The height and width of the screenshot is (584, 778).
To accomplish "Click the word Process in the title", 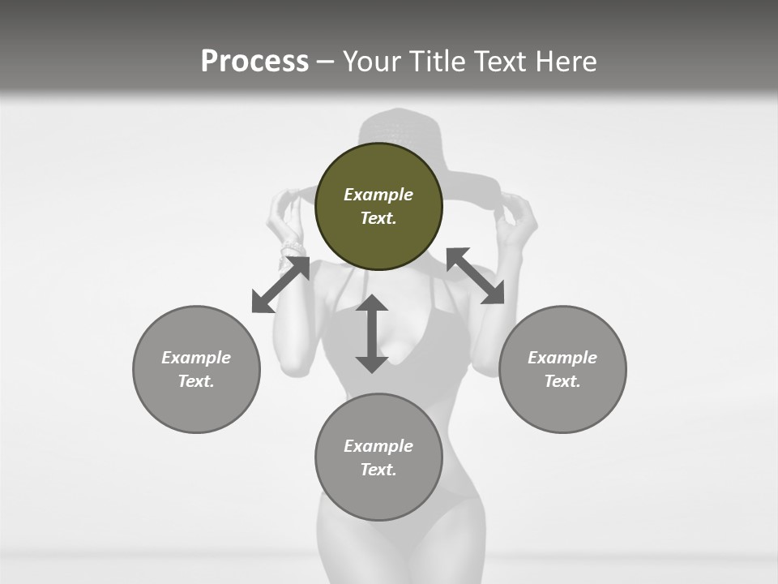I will (254, 62).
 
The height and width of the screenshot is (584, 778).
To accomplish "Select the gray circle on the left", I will (196, 406).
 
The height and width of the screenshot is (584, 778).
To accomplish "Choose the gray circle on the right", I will (562, 406).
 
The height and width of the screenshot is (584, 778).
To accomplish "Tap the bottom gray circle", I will (378, 495).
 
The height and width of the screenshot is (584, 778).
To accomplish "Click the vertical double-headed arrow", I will (372, 334).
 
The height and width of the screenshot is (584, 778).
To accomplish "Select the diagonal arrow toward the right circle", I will (476, 276).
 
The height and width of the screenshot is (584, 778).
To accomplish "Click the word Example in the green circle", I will (378, 195).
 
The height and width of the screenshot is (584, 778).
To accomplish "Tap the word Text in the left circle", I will (196, 381).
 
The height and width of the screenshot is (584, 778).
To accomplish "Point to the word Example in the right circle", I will (562, 358).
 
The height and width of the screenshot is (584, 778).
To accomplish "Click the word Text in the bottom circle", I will (378, 470).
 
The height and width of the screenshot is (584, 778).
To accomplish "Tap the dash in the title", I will (326, 62).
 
